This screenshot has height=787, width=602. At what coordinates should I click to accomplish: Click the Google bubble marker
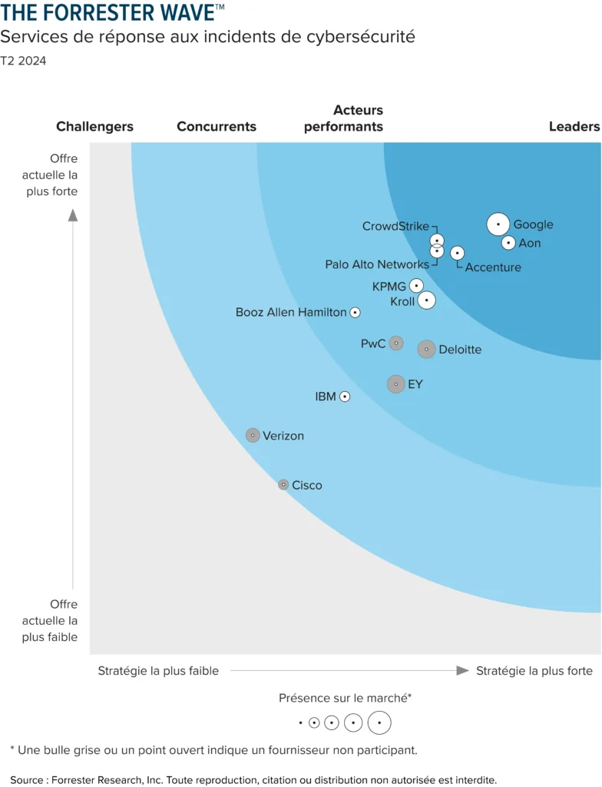[x=498, y=224]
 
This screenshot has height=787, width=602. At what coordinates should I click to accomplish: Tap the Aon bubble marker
[x=508, y=243]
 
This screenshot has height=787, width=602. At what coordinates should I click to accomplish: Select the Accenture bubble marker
[x=457, y=253]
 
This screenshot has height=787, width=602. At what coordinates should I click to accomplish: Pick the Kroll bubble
[x=426, y=301]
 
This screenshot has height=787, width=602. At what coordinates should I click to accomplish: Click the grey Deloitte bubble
[x=426, y=349]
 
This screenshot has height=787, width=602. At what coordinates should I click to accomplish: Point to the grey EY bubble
[x=395, y=384]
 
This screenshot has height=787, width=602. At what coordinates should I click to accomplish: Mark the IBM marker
[x=345, y=397]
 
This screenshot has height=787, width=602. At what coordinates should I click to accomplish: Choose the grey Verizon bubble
[x=253, y=435]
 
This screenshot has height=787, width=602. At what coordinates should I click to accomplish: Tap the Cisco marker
[x=283, y=485]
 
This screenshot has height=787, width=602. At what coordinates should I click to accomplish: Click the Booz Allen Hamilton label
[x=291, y=313]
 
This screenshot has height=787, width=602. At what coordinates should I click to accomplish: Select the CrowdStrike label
[x=395, y=226]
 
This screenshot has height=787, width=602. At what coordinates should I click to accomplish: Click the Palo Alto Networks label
[x=377, y=264]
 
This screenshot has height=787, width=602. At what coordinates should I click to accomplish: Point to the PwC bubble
[x=395, y=343]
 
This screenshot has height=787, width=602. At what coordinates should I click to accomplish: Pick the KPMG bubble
[x=416, y=286]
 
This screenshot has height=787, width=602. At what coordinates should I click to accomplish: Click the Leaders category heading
[x=574, y=126]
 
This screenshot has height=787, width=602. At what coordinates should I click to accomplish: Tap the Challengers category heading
[x=94, y=126]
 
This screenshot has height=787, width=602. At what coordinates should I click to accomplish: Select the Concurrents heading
[x=217, y=126]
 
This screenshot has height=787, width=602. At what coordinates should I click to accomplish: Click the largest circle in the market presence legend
[x=379, y=723]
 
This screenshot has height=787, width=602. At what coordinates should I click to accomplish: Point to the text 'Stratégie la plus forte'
[x=534, y=671]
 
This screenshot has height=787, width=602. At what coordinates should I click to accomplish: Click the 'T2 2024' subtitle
[x=23, y=61]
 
